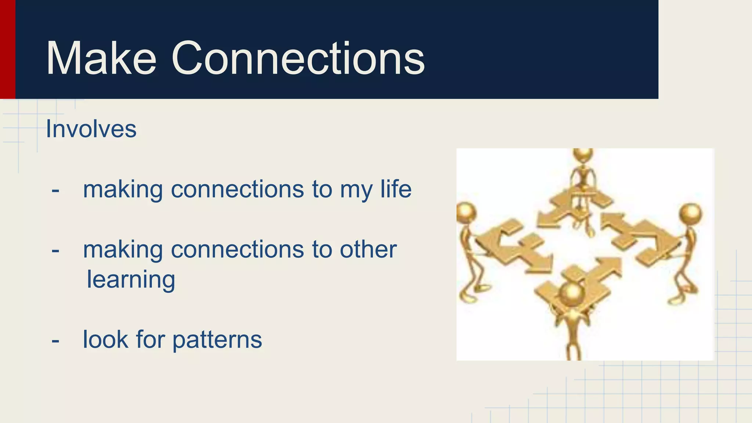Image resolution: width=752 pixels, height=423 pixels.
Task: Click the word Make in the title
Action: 101,59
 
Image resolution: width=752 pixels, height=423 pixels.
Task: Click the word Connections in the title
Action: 298,59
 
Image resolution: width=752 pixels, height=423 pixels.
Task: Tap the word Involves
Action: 91,129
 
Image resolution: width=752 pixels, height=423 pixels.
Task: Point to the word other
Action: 368,249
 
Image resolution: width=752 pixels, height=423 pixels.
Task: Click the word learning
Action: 131,280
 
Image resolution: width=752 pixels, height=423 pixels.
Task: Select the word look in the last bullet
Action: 105,339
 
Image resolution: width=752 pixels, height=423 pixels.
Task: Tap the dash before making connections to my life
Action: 55,191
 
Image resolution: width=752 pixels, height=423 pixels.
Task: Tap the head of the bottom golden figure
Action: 572,294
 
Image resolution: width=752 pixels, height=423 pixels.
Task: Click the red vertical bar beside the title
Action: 7,49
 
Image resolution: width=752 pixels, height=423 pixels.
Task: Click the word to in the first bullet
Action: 322,190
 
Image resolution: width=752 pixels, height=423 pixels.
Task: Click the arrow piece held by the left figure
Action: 514,246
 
